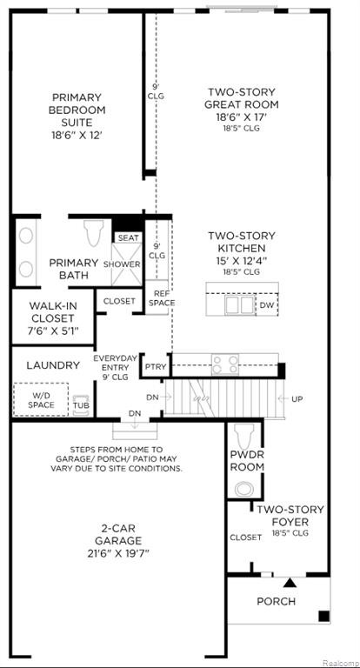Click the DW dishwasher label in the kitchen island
(x=267, y=305)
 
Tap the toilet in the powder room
(x=244, y=436)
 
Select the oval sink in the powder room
(x=244, y=489)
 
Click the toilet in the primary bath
(x=94, y=232)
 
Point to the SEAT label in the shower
(x=128, y=238)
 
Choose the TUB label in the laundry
(x=81, y=404)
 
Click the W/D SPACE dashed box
(x=41, y=399)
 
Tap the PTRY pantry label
(x=156, y=367)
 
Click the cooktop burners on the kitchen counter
(x=225, y=364)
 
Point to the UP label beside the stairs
(x=297, y=398)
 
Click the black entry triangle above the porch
(x=290, y=583)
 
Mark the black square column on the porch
(x=323, y=616)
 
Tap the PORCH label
(x=276, y=602)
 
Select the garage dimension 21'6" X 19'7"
(x=118, y=553)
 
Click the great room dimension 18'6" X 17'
(x=241, y=117)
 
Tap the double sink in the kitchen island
(x=241, y=305)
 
